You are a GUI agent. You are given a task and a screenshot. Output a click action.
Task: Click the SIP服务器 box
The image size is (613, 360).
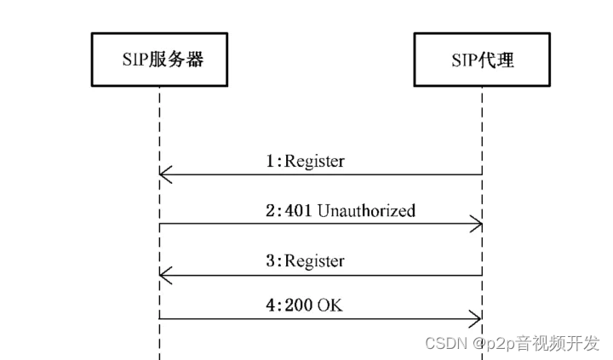pos(159,60)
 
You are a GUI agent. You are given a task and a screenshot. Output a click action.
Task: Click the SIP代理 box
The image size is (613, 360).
pos(482,60)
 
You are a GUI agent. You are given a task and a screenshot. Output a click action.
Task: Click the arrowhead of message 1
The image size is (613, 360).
pos(165,175)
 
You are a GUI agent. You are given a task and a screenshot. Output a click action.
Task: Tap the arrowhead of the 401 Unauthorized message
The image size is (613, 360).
pos(477,226)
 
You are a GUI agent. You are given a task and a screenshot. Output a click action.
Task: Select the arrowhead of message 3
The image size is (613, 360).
pos(165,275)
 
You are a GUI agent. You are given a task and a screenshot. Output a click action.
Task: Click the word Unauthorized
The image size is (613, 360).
pos(366,210)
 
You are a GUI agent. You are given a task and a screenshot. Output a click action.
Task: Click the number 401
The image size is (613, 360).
pos(300,210)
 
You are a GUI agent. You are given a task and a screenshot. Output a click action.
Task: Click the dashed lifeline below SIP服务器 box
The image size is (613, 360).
pos(159,128)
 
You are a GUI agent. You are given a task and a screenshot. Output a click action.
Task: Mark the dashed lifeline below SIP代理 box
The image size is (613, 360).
pos(482,128)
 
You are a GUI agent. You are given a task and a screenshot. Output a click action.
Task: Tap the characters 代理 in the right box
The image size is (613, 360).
pos(499,60)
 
